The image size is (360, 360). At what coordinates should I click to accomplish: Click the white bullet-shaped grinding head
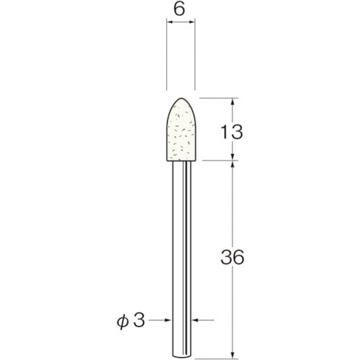[181, 130]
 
